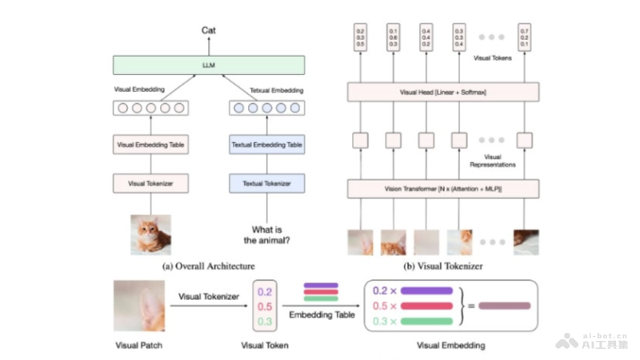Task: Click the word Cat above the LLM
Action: (x=209, y=30)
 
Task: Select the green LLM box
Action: (x=209, y=65)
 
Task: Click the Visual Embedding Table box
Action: (x=150, y=146)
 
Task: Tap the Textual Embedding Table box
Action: (x=266, y=146)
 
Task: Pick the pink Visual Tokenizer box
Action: (x=150, y=183)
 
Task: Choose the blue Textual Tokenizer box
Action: (x=266, y=183)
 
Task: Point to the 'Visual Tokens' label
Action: (x=493, y=58)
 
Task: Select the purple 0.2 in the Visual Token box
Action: (x=266, y=292)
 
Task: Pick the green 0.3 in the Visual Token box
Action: (x=266, y=320)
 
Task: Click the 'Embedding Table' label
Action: (x=321, y=315)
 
